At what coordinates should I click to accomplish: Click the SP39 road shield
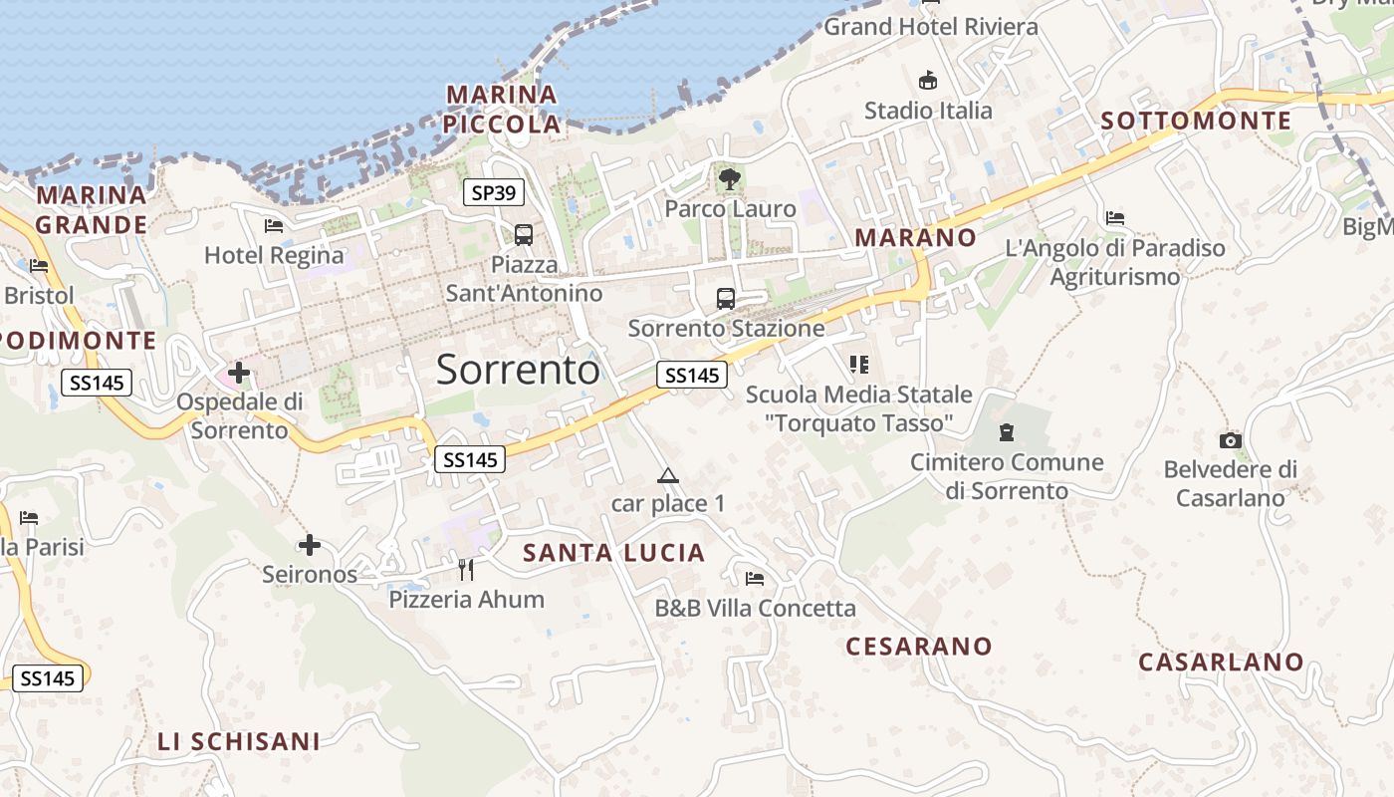click(x=493, y=192)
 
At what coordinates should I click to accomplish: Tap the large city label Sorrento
click(x=518, y=370)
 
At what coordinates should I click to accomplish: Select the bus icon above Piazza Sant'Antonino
click(x=524, y=235)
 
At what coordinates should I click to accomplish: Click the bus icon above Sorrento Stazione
click(x=726, y=298)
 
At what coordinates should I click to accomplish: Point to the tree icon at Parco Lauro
click(x=730, y=179)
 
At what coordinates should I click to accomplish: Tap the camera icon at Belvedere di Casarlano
click(x=1231, y=440)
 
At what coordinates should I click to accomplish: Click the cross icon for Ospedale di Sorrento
click(x=238, y=374)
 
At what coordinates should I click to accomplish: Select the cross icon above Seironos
click(x=310, y=545)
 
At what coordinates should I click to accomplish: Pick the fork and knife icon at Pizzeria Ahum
click(x=466, y=570)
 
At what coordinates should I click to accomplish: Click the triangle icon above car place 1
click(x=667, y=475)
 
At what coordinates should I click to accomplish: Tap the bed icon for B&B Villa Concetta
click(x=755, y=579)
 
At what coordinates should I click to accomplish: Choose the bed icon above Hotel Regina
click(x=274, y=226)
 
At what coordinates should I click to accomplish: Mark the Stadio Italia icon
click(x=928, y=81)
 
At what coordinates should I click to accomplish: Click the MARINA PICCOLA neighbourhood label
click(x=502, y=110)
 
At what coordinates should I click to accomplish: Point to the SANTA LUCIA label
click(x=613, y=553)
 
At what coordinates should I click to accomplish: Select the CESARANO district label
click(x=919, y=647)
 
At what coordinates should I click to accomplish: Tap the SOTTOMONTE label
click(x=1196, y=122)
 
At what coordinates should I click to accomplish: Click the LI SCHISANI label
click(x=239, y=741)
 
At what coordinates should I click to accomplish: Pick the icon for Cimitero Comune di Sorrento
click(x=1007, y=433)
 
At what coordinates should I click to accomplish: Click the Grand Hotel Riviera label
click(x=930, y=27)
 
